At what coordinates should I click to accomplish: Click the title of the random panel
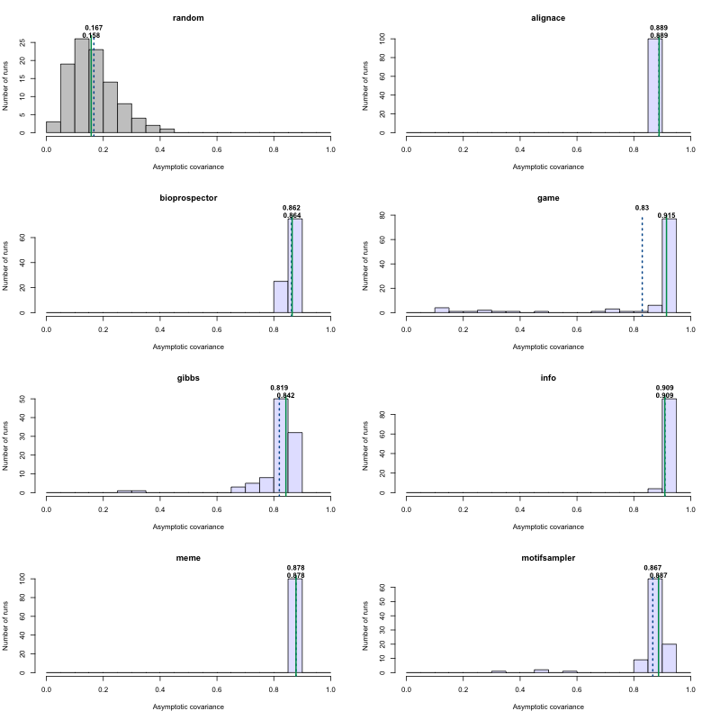pos(188,18)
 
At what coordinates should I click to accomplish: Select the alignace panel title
pos(548,18)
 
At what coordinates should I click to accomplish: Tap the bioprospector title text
pos(188,198)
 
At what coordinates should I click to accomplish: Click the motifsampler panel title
pos(548,558)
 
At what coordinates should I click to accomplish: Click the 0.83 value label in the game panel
pos(642,208)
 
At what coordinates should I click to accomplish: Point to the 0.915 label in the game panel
pos(667,215)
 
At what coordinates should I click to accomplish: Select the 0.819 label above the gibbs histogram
pos(279,388)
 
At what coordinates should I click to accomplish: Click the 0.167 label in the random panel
pos(93,28)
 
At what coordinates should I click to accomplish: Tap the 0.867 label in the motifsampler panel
pos(652,568)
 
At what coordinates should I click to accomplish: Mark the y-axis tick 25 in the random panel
pos(33,42)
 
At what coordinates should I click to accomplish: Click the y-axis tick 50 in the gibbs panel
pos(33,399)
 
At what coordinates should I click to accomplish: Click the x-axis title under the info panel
pos(548,526)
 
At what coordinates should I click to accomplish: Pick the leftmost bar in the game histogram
pos(442,310)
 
